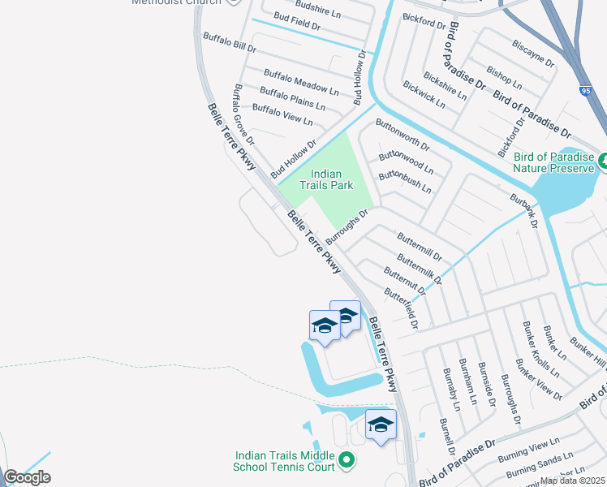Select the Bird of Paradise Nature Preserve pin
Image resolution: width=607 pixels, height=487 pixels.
tap(603, 161)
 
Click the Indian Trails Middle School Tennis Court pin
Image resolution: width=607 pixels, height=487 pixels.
tap(347, 460)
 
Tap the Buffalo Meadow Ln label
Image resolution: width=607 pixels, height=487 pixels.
tap(301, 81)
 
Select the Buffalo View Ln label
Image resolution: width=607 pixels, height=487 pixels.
tap(282, 114)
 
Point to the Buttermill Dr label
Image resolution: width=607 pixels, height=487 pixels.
tap(420, 246)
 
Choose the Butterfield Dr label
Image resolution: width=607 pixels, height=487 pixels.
tap(401, 308)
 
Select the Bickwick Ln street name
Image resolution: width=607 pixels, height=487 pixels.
tap(424, 95)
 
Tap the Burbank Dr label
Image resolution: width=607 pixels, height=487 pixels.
tap(523, 210)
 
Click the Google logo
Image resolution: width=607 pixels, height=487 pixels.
tap(27, 477)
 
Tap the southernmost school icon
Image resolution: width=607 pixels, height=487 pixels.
tap(381, 425)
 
